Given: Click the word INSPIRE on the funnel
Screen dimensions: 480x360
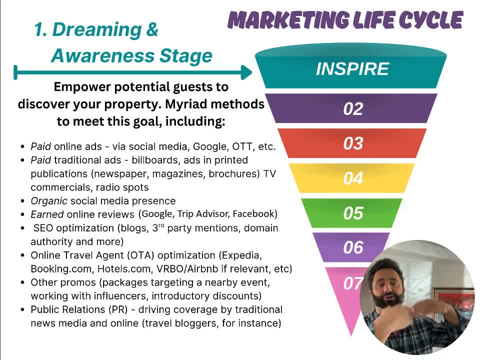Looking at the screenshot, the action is tap(352, 68).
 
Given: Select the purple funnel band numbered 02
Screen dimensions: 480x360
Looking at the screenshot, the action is tap(351, 108).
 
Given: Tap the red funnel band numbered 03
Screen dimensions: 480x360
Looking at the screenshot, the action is tap(352, 143).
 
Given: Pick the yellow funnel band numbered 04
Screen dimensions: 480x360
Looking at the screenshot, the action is tap(352, 178).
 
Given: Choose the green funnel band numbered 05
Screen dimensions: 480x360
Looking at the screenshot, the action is tap(352, 213).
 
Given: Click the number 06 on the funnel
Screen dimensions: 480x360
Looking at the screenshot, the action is tap(353, 247).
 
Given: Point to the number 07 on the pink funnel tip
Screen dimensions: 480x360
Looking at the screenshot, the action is tap(352, 283).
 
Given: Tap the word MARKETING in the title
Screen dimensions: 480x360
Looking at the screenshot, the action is tap(288, 20).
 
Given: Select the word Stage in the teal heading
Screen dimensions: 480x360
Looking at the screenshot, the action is tap(186, 55).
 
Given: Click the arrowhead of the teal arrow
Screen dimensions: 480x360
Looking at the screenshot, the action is tap(246, 72).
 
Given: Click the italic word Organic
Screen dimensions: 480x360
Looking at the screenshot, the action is tap(49, 201).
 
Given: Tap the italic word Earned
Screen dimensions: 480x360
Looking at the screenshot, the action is tap(47, 214).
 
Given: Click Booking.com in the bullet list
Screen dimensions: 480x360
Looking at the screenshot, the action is tap(61, 269).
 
